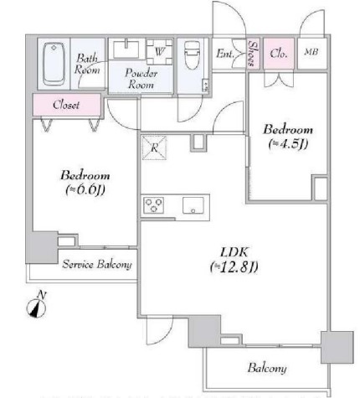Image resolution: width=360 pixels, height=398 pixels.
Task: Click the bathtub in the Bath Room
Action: (54, 64)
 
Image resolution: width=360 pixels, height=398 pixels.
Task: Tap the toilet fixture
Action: (193, 55)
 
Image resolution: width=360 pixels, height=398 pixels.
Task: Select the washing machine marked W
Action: (160, 52)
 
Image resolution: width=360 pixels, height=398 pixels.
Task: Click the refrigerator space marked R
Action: (154, 147)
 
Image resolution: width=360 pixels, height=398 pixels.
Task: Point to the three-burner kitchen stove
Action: (153, 205)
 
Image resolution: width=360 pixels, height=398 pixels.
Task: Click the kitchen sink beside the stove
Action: (193, 205)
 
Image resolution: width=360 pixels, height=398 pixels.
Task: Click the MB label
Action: (311, 52)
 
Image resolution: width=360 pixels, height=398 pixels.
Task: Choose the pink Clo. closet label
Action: (279, 53)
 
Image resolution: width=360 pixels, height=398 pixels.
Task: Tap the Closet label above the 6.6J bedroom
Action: (66, 105)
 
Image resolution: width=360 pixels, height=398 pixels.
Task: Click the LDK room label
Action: (234, 252)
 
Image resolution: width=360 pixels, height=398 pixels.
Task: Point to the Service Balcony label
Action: (97, 264)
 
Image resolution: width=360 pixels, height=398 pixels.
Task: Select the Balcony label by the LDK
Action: (267, 368)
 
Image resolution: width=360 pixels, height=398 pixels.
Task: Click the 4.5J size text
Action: (288, 144)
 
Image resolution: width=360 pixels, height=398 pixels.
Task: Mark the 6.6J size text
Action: (85, 190)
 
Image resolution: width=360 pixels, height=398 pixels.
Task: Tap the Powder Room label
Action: (141, 79)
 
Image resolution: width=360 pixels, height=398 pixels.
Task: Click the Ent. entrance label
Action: (225, 54)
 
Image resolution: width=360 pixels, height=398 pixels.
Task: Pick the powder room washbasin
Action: (126, 49)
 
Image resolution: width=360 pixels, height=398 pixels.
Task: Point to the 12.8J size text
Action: (234, 267)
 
